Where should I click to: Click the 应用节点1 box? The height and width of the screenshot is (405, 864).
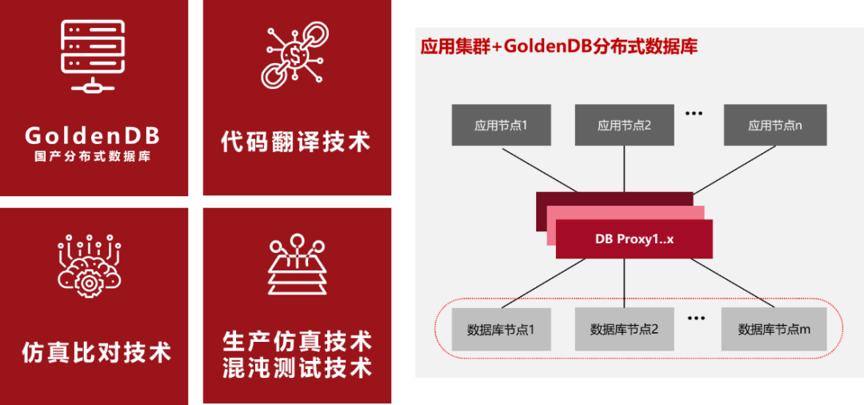coord(501,125)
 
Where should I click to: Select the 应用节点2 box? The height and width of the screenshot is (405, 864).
coord(624,125)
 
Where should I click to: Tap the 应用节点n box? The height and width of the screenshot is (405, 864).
coord(774,125)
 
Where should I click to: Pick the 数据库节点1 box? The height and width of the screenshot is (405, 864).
coord(501,330)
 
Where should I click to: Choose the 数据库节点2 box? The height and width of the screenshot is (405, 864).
coord(624,330)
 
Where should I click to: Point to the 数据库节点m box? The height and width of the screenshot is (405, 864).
coord(774,330)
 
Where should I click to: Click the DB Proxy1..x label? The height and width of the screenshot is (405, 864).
coord(634,239)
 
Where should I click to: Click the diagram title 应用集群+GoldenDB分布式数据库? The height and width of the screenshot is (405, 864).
coord(558,46)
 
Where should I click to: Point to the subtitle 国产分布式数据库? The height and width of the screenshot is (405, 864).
coord(93,157)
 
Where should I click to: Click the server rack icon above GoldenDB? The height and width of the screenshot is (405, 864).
coord(93,56)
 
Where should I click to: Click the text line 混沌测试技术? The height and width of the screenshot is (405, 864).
coord(297,367)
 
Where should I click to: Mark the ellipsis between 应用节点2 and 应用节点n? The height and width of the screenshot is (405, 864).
coord(694,113)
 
